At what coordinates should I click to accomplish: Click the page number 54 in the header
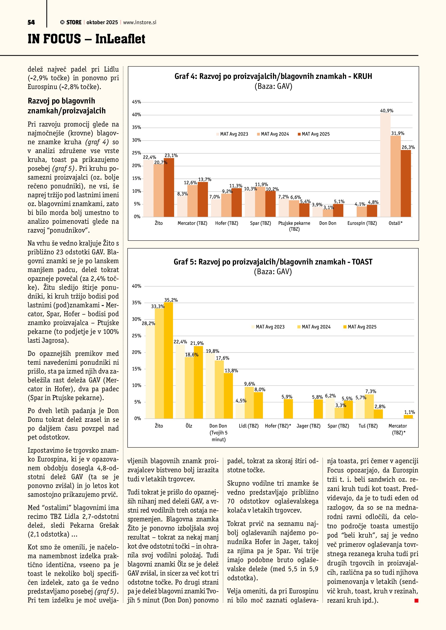(31, 22)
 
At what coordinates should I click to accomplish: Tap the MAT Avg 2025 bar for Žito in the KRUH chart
(169, 188)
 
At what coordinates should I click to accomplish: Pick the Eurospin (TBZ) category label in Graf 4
(362, 223)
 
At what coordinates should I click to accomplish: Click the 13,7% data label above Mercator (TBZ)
(205, 180)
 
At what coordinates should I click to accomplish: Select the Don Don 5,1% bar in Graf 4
(338, 210)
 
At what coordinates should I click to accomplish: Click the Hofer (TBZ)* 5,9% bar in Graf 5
(288, 409)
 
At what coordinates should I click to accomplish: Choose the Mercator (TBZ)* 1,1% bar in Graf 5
(408, 417)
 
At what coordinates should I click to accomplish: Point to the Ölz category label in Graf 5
(189, 426)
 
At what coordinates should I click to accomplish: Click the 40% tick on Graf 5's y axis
(137, 286)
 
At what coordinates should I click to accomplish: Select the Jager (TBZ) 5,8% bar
(318, 409)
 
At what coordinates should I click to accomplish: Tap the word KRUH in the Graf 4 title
(362, 76)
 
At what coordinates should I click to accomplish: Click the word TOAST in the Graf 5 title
(362, 262)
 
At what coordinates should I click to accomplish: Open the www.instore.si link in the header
(140, 22)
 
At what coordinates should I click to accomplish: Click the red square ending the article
(416, 601)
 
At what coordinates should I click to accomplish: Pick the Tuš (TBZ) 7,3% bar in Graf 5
(369, 406)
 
